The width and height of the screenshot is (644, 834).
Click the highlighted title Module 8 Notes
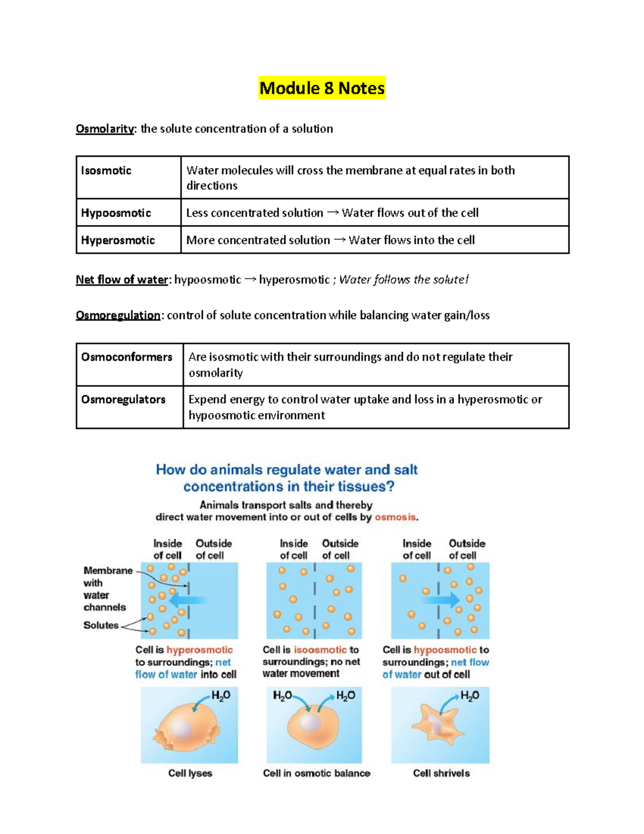tap(322, 88)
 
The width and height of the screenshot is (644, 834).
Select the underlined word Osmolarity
tap(105, 129)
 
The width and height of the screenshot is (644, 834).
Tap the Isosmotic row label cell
tap(106, 171)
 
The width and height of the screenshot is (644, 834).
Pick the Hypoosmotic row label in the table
tap(116, 213)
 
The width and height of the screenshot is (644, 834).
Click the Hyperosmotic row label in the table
tap(118, 241)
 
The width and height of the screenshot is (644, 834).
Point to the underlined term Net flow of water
tap(122, 280)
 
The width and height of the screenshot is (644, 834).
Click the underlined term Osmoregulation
tap(118, 315)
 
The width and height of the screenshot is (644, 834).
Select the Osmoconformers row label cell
tap(127, 357)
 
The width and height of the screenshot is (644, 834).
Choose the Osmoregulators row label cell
tap(123, 400)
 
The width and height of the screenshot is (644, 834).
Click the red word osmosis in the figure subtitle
tap(396, 517)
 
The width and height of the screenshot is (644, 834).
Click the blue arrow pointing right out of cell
tap(442, 599)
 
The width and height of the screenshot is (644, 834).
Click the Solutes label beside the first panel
tap(101, 625)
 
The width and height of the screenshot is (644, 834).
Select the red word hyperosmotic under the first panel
tap(199, 650)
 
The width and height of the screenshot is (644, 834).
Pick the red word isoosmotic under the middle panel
tap(320, 650)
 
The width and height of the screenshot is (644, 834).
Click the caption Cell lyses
tap(190, 773)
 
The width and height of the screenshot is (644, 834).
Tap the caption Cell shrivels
tap(441, 773)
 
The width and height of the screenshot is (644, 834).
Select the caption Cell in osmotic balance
tap(317, 773)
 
